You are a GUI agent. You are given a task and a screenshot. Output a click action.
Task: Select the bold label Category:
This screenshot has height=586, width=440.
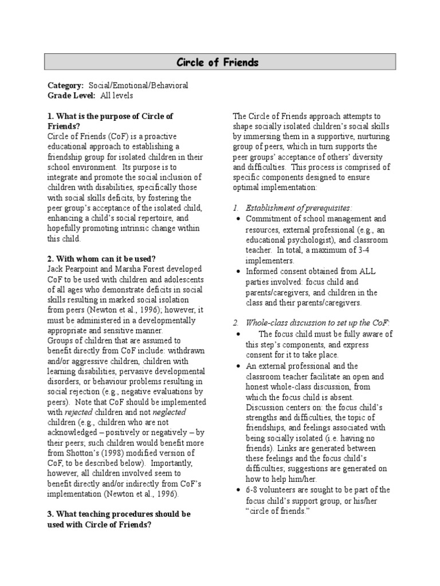click(65, 85)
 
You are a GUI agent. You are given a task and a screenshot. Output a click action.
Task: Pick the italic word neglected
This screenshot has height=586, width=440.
click(167, 412)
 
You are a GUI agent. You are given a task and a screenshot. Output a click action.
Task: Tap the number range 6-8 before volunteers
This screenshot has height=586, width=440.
click(255, 489)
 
